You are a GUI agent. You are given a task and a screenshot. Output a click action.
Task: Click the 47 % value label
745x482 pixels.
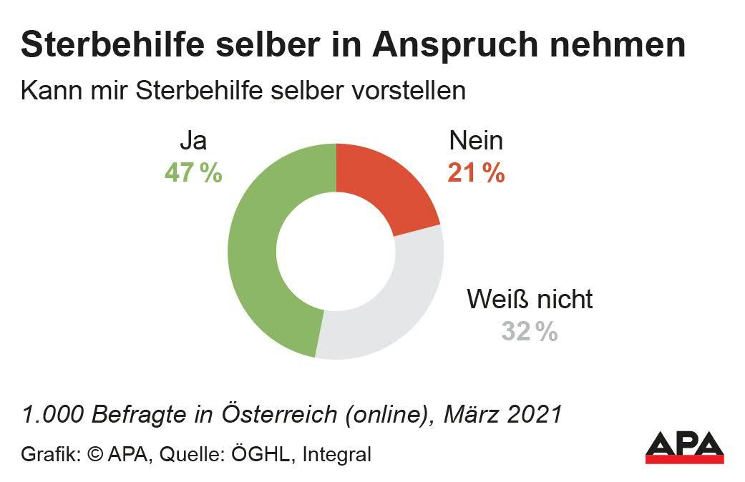193,173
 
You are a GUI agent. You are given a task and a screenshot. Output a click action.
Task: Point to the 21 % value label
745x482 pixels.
476,173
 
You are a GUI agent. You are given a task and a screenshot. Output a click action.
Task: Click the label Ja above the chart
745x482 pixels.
193,141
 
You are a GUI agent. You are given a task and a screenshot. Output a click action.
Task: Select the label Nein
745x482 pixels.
476,141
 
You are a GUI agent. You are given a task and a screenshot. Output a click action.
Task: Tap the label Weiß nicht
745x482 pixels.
530,299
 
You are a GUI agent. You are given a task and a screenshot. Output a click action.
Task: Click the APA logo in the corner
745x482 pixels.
684,448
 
